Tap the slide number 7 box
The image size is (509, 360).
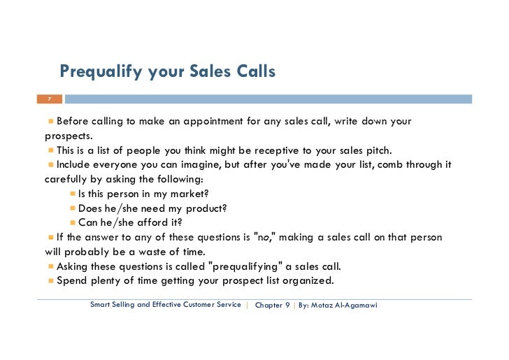50,99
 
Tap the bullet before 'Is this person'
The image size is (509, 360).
73,194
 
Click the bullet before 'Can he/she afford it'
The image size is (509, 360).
73,223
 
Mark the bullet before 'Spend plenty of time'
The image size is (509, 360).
51,281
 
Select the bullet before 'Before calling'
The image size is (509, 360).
51,122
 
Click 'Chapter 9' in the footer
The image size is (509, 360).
273,305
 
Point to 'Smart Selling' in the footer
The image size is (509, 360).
114,305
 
